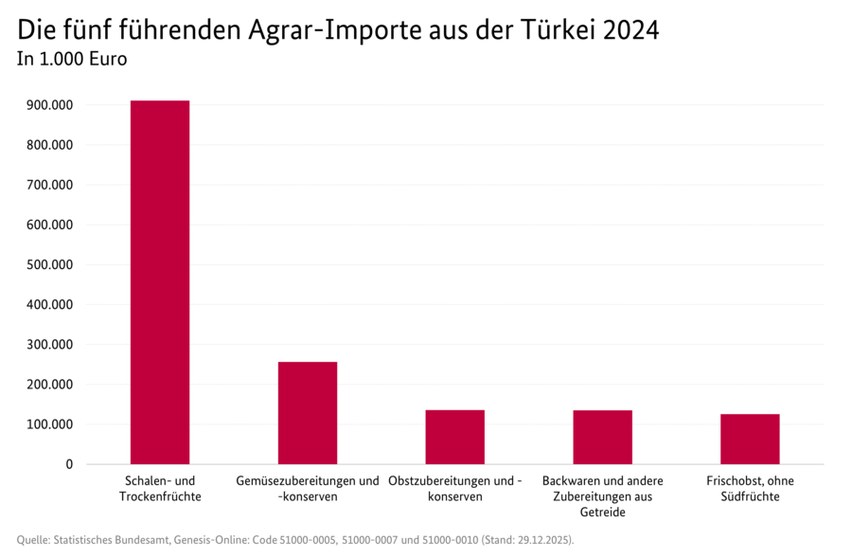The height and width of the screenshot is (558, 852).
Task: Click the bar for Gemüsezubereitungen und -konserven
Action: pyautogui.click(x=308, y=413)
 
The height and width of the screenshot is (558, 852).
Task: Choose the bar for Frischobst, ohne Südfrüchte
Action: pyautogui.click(x=750, y=439)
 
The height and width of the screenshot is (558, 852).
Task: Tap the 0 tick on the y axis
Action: pyautogui.click(x=69, y=464)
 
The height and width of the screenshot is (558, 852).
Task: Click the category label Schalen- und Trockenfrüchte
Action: pyautogui.click(x=160, y=489)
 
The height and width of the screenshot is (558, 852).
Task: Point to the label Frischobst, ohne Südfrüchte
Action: pyautogui.click(x=750, y=489)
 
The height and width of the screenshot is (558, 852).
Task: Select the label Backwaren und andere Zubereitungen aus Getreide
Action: pyautogui.click(x=602, y=496)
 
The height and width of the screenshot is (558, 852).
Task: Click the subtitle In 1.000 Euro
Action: pyautogui.click(x=72, y=60)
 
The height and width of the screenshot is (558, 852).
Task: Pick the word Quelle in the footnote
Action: pyautogui.click(x=33, y=540)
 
